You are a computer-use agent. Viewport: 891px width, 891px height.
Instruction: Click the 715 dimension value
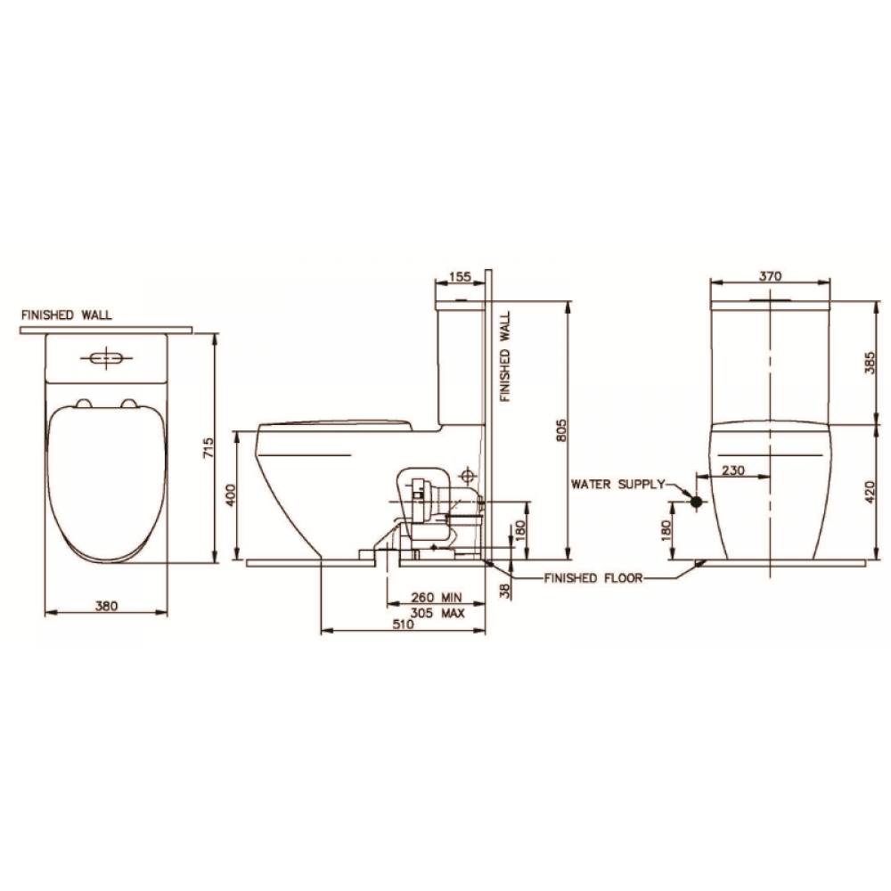coord(208,448)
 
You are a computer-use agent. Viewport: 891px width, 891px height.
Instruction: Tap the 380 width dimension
coord(106,606)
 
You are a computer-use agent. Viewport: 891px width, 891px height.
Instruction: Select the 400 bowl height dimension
coord(230,495)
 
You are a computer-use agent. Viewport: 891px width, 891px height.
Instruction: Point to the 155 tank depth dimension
coord(460,277)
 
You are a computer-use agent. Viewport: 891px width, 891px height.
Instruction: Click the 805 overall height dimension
coord(561,431)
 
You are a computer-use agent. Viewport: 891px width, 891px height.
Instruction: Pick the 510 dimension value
coord(403,624)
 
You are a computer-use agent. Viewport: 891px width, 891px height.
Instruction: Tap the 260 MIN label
coord(437,597)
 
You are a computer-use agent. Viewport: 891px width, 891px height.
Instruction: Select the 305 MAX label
coord(437,613)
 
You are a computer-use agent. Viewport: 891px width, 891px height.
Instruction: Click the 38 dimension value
coord(505,591)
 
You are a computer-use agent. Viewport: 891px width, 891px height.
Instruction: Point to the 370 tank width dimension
coord(771,276)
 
